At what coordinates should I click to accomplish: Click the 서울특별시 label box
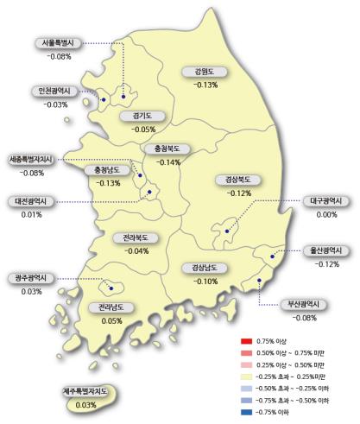pos(60,44)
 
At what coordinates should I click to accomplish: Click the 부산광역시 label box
pos(303,304)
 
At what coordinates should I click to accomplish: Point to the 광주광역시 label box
pos(32,278)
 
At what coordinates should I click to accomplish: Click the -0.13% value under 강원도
pos(205,85)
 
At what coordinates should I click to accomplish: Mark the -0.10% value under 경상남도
pos(206,281)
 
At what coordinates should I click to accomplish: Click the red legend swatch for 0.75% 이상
pos(247,341)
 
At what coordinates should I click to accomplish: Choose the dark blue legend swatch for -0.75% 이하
pos(247,412)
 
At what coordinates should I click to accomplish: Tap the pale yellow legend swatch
pos(247,377)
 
